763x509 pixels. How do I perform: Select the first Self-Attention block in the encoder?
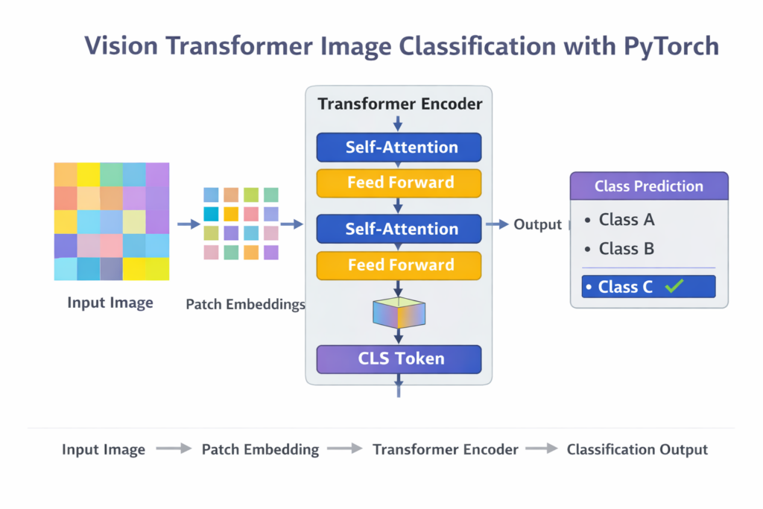pyautogui.click(x=399, y=147)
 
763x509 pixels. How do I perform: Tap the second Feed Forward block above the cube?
pyautogui.click(x=399, y=265)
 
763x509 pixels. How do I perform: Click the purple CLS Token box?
pyautogui.click(x=399, y=358)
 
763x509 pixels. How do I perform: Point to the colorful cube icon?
pyautogui.click(x=399, y=313)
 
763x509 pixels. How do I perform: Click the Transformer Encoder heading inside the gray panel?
pyautogui.click(x=400, y=104)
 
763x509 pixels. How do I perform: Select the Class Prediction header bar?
pyautogui.click(x=648, y=186)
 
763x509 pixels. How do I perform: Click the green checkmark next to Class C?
pyautogui.click(x=675, y=286)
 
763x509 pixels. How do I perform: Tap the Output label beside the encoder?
pyautogui.click(x=537, y=224)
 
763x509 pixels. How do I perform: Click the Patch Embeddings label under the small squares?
pyautogui.click(x=245, y=304)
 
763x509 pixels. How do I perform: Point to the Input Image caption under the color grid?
pyautogui.click(x=110, y=303)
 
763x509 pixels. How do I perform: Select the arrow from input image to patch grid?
pyautogui.click(x=189, y=224)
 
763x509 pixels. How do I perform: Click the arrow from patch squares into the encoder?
pyautogui.click(x=291, y=224)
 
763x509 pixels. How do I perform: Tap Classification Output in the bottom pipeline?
pyautogui.click(x=637, y=449)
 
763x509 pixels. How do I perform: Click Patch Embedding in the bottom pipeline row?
pyautogui.click(x=260, y=449)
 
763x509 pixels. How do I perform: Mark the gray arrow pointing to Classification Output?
pyautogui.click(x=542, y=449)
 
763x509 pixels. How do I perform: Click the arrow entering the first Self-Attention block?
pyautogui.click(x=399, y=124)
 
